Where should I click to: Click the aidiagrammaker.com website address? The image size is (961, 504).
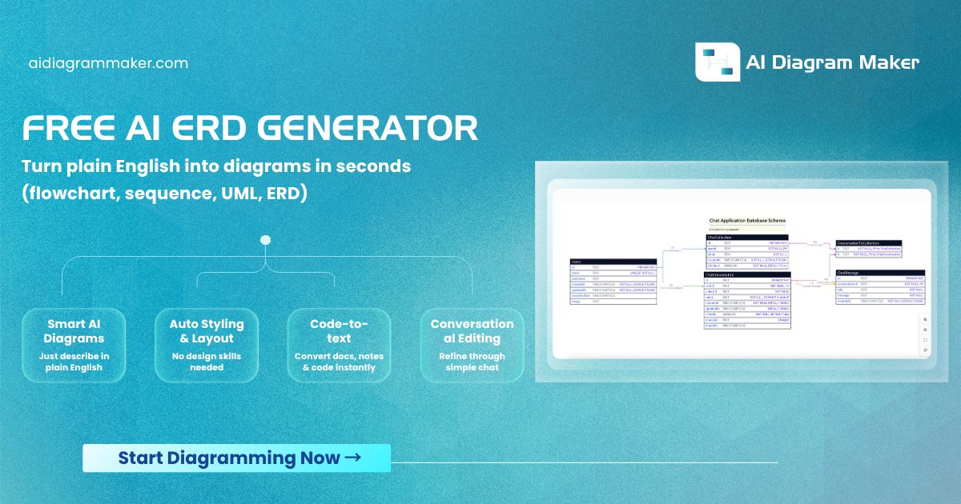[108, 63]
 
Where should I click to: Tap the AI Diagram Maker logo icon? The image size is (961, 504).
[717, 62]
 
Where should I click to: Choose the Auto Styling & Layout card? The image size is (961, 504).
[207, 345]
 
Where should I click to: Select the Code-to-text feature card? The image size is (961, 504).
[339, 345]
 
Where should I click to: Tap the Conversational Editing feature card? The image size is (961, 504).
[472, 345]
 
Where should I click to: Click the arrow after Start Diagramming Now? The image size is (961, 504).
[352, 458]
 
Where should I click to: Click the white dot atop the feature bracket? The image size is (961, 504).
[266, 240]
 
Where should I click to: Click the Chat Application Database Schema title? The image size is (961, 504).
[747, 220]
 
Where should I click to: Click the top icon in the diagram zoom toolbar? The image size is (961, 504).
[926, 318]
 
